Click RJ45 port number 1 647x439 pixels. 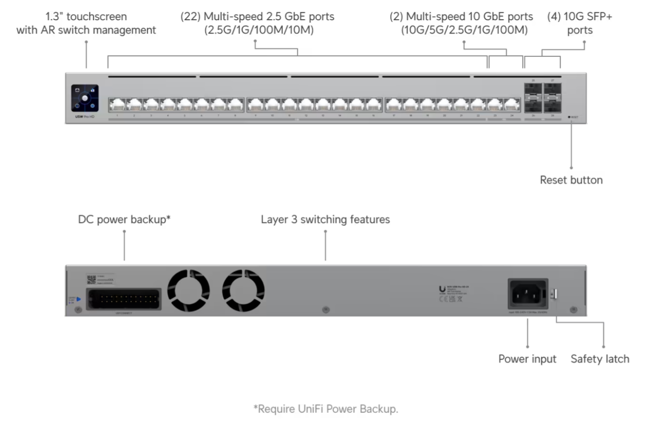[x=118, y=104]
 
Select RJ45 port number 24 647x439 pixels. [x=512, y=104]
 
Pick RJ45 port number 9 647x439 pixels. [x=255, y=104]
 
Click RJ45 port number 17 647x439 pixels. [x=394, y=104]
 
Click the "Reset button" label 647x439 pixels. [x=571, y=180]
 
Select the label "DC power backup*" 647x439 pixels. [x=124, y=219]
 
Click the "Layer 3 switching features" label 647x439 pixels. [x=325, y=219]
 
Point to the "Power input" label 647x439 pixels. [x=527, y=359]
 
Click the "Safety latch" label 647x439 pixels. [x=600, y=359]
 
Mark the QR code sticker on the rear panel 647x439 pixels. [x=92, y=280]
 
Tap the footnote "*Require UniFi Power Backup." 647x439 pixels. [x=325, y=409]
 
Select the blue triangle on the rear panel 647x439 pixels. [x=79, y=299]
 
